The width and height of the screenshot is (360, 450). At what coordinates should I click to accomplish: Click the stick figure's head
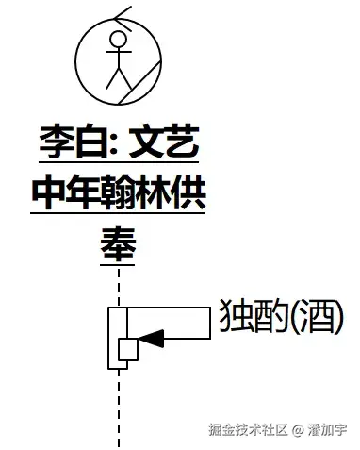pyautogui.click(x=117, y=40)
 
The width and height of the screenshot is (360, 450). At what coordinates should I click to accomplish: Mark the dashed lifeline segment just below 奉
pyautogui.click(x=119, y=283)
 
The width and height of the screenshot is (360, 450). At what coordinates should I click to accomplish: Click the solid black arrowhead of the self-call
pyautogui.click(x=150, y=335)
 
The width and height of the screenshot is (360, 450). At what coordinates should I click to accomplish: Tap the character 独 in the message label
pyautogui.click(x=236, y=318)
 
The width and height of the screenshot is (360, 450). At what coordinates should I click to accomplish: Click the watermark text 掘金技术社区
pyautogui.click(x=247, y=429)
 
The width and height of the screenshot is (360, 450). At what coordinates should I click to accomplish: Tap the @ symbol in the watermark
pyautogui.click(x=297, y=430)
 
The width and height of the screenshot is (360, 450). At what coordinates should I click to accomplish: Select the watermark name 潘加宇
pyautogui.click(x=328, y=429)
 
